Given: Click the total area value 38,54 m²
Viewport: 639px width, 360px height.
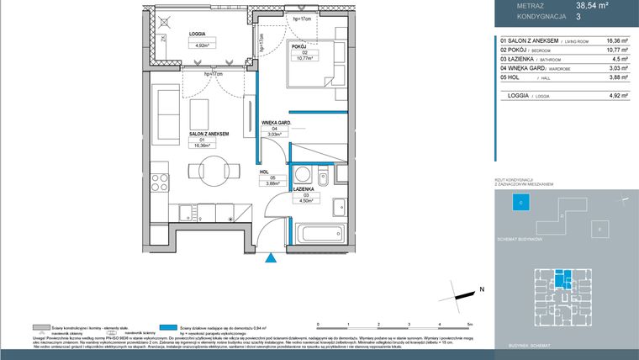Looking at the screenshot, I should (x=592, y=5).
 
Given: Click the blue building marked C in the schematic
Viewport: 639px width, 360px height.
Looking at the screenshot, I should (x=520, y=202).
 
